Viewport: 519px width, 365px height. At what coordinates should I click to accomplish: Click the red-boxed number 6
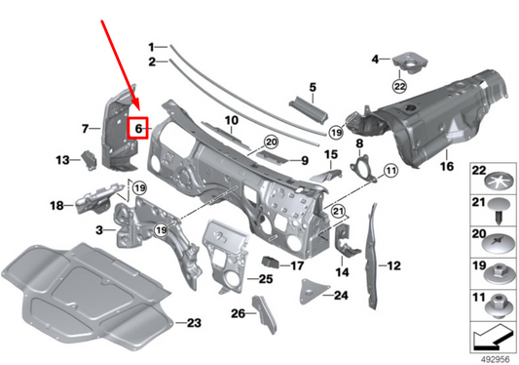click(x=138, y=127)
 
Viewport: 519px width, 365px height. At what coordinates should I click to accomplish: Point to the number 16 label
click(x=447, y=167)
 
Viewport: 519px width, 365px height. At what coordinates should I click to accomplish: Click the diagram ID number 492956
click(x=494, y=357)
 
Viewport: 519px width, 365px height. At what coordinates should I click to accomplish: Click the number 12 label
click(x=394, y=264)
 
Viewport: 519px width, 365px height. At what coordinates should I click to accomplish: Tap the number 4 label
click(x=375, y=60)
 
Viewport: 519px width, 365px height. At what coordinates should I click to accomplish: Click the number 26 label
click(x=238, y=313)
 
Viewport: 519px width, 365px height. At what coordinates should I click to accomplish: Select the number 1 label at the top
click(x=152, y=47)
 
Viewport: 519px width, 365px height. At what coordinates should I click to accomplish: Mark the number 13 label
click(x=60, y=159)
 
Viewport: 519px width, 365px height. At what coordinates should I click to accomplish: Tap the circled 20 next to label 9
click(x=271, y=142)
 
